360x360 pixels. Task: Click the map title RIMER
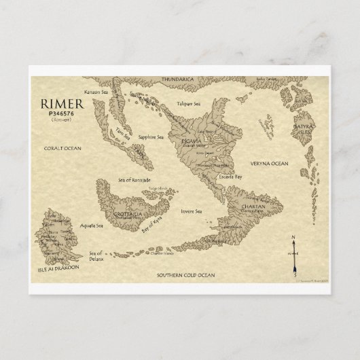(x=65, y=106)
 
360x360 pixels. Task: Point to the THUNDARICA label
(x=178, y=79)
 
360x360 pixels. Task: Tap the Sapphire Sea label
(x=151, y=137)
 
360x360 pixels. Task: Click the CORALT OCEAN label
(x=62, y=147)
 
